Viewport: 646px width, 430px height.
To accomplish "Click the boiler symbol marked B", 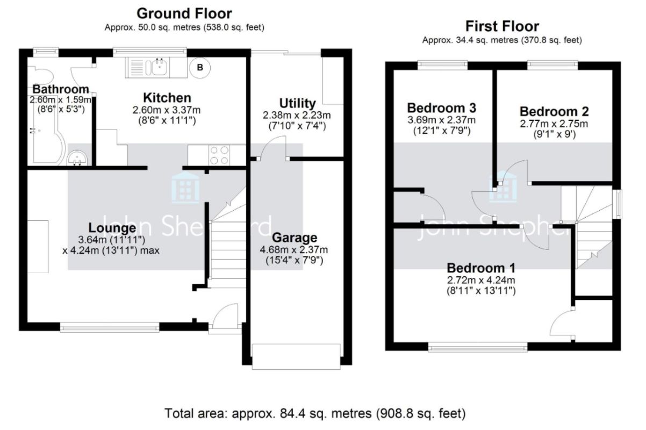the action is tap(200, 68).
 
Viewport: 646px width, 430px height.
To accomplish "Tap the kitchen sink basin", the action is tap(159, 67).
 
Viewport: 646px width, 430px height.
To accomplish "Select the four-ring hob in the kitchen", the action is tap(219, 155).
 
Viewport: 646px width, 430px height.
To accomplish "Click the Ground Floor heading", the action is tap(184, 13).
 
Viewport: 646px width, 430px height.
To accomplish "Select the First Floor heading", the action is tap(502, 26).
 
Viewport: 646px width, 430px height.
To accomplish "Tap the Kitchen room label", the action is tap(167, 98).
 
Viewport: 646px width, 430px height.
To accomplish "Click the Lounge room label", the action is tap(112, 228).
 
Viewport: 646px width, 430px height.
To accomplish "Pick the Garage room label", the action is tap(295, 238).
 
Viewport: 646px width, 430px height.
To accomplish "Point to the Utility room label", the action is tap(297, 103).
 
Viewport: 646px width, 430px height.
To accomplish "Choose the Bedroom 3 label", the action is tap(442, 108).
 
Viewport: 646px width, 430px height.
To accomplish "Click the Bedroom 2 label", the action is tap(554, 112).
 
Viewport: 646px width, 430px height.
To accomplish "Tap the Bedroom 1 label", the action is tap(481, 268).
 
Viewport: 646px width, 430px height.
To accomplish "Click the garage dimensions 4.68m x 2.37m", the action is tap(294, 250).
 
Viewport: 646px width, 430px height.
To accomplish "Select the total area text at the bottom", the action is tap(315, 413).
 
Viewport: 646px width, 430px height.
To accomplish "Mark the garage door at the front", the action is tap(296, 356).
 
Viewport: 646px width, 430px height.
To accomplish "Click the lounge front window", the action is tap(110, 327).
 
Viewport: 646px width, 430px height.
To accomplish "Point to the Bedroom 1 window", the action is tap(478, 347).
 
